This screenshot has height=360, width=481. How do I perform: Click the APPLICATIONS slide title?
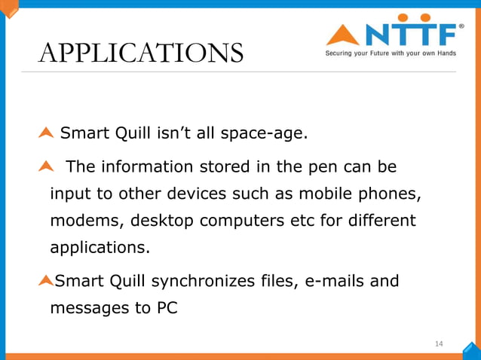140,53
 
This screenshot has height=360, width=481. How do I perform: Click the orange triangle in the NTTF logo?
342,35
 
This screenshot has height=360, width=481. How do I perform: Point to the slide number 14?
439,344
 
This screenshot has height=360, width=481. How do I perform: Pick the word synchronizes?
197,282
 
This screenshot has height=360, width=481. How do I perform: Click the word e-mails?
335,282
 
